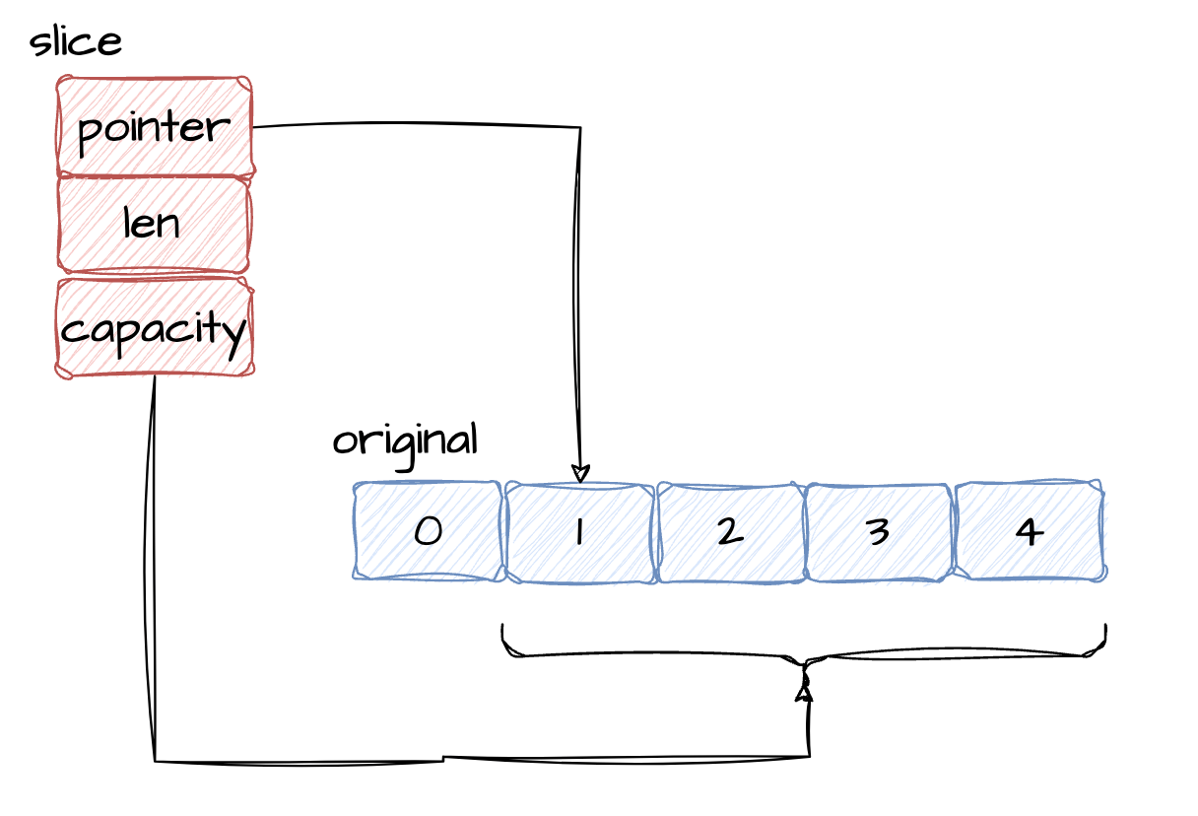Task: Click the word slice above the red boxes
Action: [76, 42]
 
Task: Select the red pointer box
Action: [155, 126]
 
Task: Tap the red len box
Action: [153, 224]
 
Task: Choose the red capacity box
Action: [155, 327]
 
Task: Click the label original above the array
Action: [405, 441]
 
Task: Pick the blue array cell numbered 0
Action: [429, 531]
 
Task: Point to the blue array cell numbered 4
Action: [1030, 531]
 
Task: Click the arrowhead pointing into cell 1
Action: [580, 474]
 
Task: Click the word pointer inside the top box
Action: [153, 128]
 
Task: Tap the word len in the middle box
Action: [152, 224]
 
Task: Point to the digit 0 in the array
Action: [428, 532]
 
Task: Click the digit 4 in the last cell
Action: [1029, 532]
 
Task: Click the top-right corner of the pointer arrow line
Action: [580, 127]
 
